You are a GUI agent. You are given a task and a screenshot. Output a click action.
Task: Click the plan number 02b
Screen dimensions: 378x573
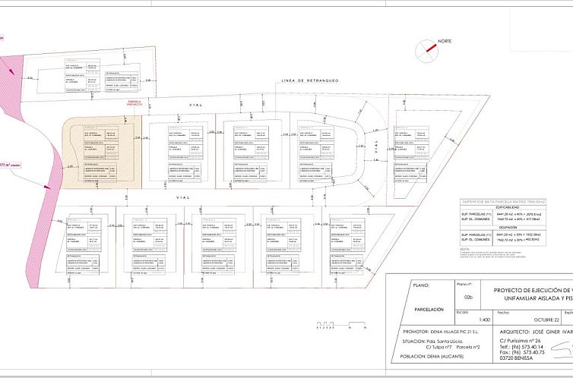coord(467,298)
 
